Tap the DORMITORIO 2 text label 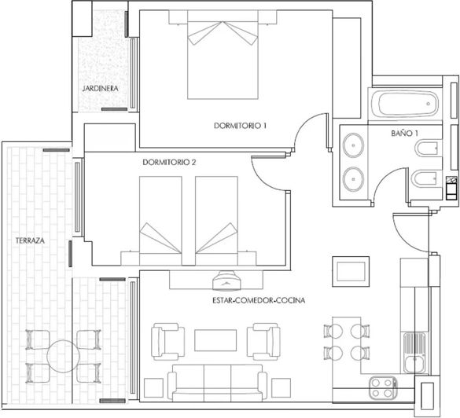click(169, 163)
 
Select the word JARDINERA click(100, 89)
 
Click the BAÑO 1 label click(404, 134)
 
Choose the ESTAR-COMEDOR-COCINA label click(258, 301)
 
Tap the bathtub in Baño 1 click(406, 103)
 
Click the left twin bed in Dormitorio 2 click(161, 222)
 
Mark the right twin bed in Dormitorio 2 click(216, 222)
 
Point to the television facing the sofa click(229, 279)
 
